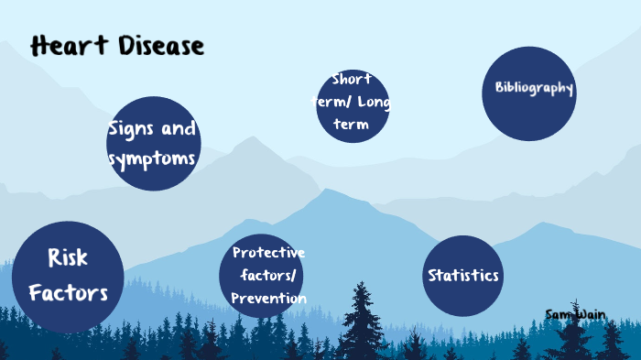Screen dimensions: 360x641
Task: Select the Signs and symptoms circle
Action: click(x=153, y=144)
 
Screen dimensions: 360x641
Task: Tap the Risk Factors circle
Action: click(x=68, y=277)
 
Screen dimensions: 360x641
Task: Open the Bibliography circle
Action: click(x=529, y=93)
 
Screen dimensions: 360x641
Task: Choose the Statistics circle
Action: click(x=463, y=276)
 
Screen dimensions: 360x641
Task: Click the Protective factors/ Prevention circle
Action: click(x=262, y=276)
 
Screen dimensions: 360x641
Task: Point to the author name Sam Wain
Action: click(x=575, y=314)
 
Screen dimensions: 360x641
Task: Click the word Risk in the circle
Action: click(x=68, y=257)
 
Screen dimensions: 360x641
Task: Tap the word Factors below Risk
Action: click(x=68, y=293)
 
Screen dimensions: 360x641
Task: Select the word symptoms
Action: click(x=152, y=159)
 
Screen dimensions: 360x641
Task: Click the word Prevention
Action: click(x=268, y=299)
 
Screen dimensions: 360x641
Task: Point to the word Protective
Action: click(x=268, y=253)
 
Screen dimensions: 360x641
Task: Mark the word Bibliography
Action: click(x=534, y=89)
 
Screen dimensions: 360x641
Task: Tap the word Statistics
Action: click(x=463, y=276)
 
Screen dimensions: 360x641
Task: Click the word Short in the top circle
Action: click(x=352, y=79)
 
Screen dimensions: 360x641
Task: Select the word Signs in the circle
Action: click(x=130, y=128)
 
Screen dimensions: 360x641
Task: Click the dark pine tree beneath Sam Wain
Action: click(x=575, y=339)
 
